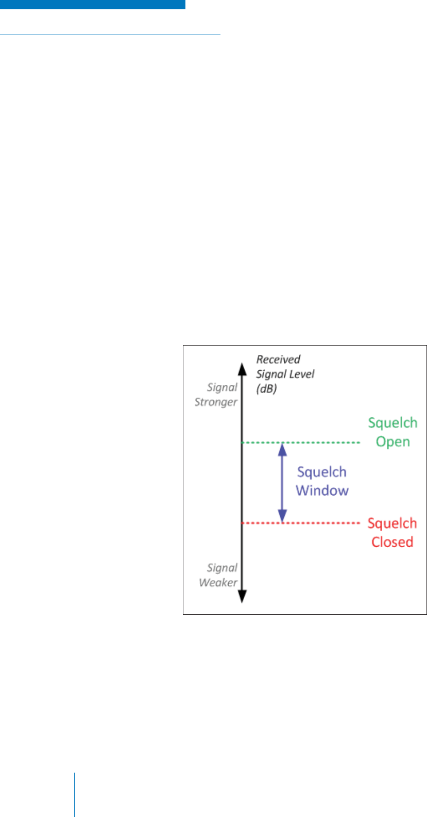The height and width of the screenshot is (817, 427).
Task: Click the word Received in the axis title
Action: pos(278,360)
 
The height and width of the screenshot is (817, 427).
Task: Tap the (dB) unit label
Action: pos(266,389)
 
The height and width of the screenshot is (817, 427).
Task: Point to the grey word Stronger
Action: pos(216,402)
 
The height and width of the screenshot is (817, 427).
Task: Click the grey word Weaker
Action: pos(218,582)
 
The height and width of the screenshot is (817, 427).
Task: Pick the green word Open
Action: pos(392,442)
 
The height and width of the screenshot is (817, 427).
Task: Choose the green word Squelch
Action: pos(392,423)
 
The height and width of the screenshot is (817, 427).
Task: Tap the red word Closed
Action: pos(392,542)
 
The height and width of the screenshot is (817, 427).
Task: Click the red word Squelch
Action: pos(392,524)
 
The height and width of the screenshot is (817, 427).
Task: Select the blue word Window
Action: pos(322,491)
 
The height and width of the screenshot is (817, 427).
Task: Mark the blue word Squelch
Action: pos(322,472)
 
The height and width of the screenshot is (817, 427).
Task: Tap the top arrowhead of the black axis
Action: pos(242,367)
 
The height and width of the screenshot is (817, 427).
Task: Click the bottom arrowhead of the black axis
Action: pos(242,596)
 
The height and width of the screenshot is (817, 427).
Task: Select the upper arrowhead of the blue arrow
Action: pos(282,449)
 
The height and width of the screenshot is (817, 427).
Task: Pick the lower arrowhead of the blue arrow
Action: pos(282,516)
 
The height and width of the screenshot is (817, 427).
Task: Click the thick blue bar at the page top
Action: pos(93,5)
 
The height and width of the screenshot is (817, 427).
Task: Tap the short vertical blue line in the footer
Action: pos(74,794)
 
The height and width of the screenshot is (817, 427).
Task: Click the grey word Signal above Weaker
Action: pos(222,568)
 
